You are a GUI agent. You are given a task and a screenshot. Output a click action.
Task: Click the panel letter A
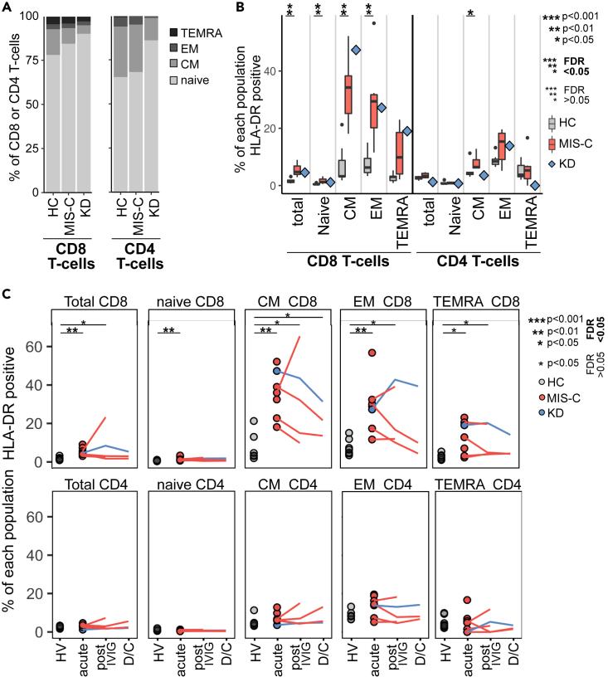6,7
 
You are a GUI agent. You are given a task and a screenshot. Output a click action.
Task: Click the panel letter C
6,292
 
